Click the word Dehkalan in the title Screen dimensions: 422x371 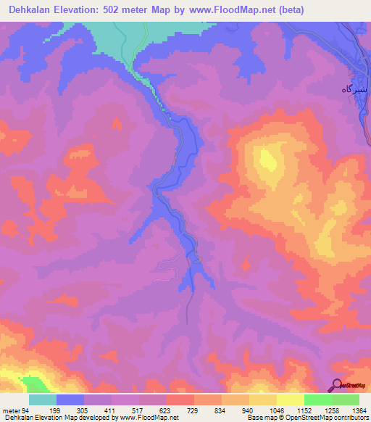tap(30, 9)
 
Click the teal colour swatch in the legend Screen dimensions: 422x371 tap(43, 400)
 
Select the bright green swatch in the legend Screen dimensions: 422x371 tap(317, 400)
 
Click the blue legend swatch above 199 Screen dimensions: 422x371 tap(70, 400)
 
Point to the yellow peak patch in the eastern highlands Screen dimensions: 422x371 tap(267, 161)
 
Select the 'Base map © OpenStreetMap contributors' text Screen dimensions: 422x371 tap(307, 418)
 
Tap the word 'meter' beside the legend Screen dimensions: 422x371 tap(11, 410)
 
